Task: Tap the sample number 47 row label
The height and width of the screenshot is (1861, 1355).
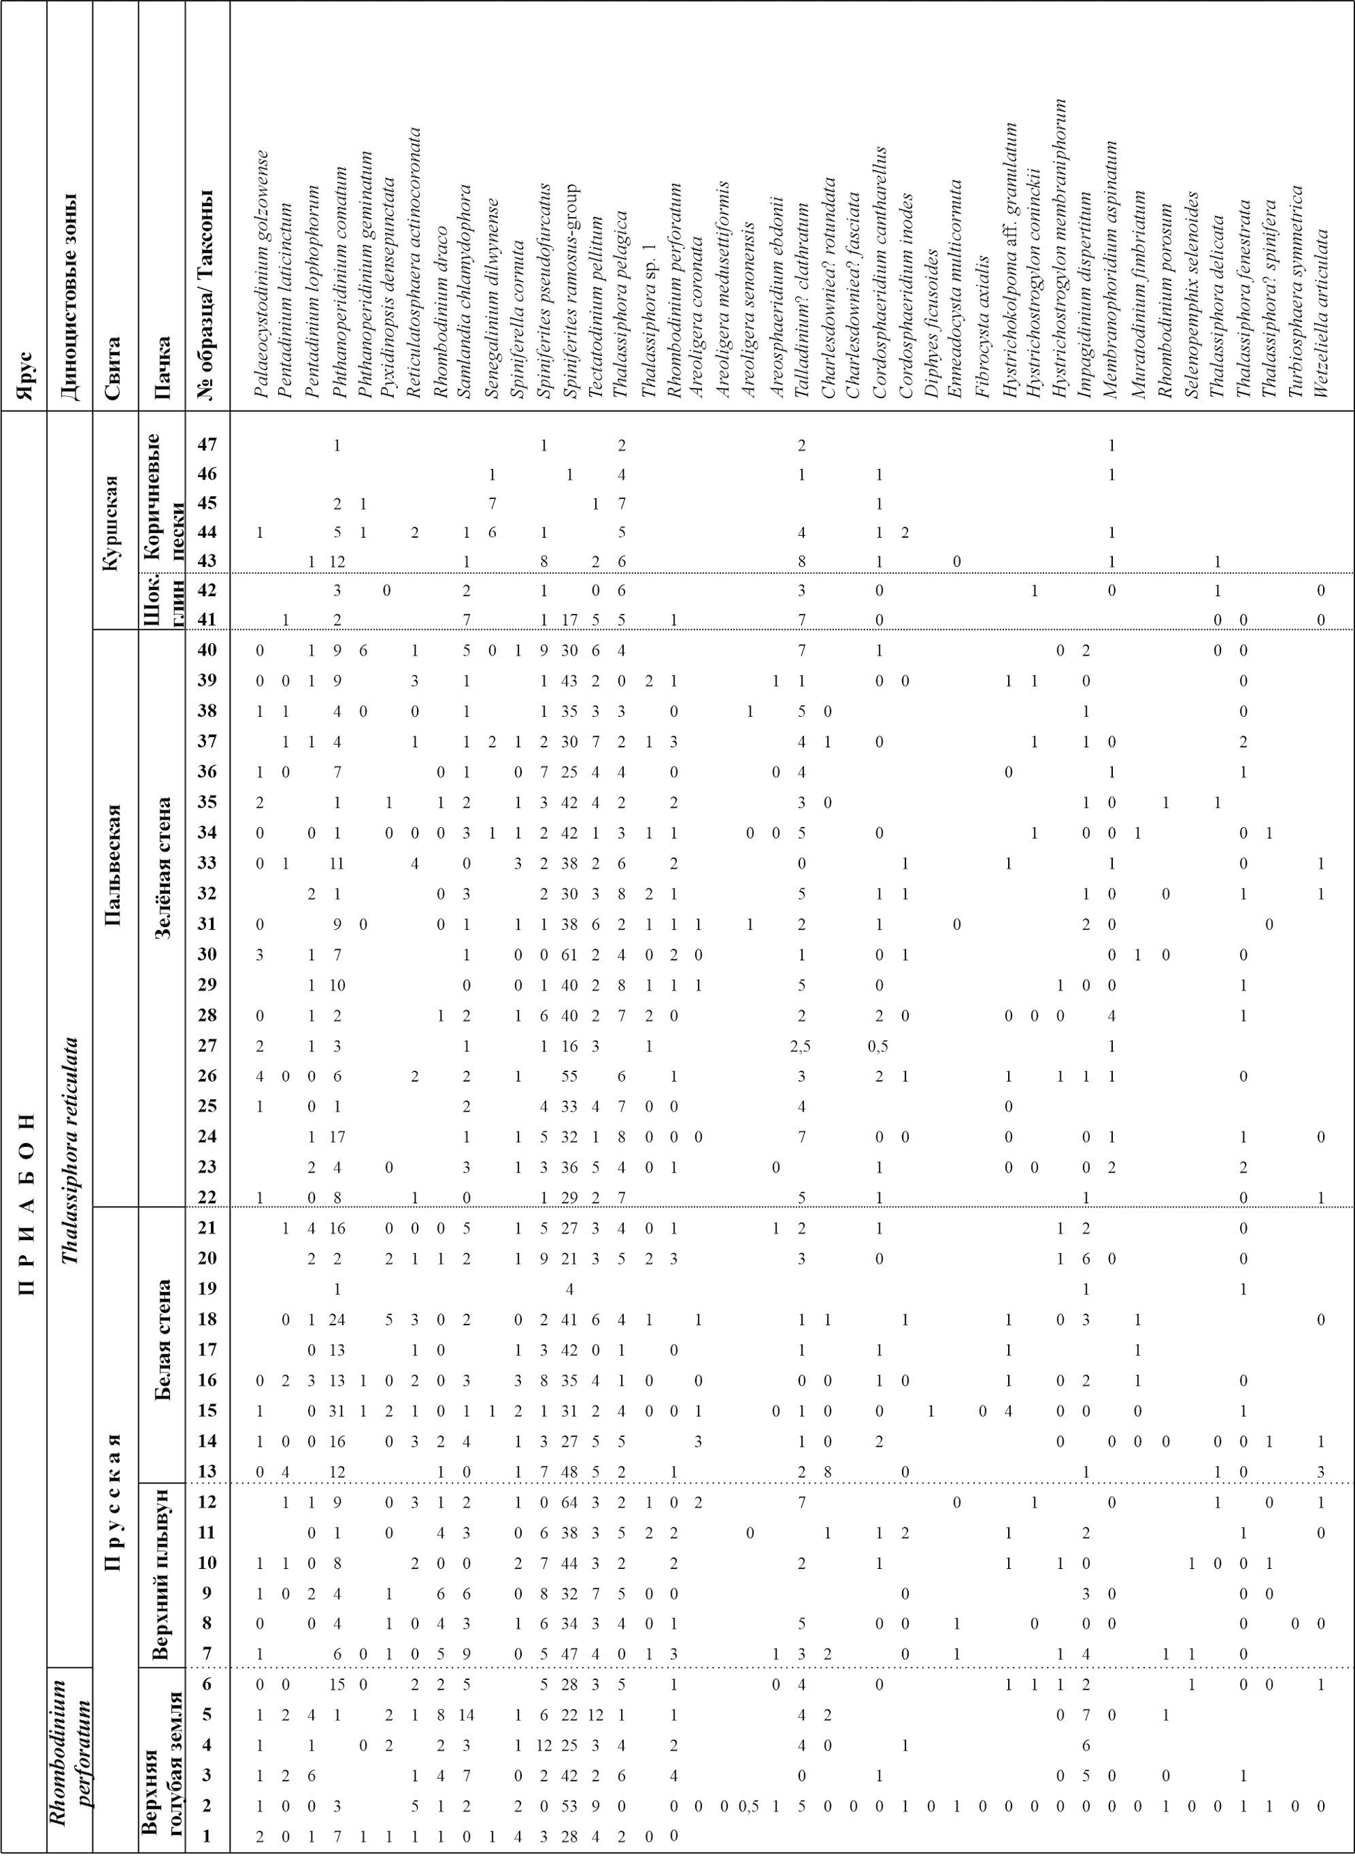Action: click(207, 445)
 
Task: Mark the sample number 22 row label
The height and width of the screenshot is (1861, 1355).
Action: click(207, 1197)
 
